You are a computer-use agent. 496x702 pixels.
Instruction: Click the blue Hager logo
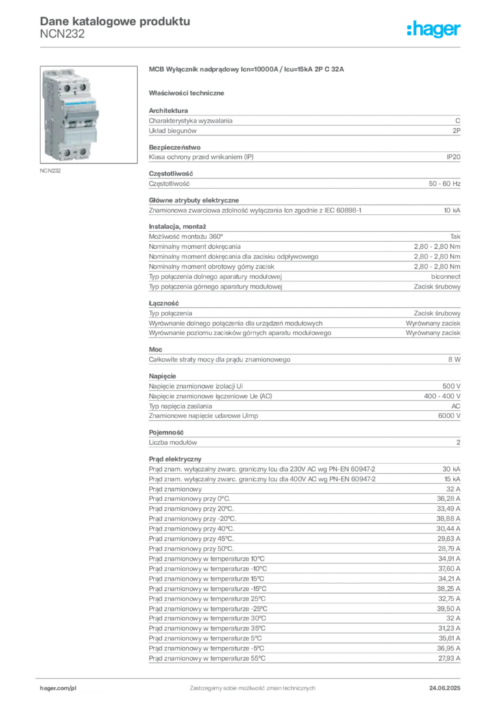(434, 29)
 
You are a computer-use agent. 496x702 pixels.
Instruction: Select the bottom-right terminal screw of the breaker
(82, 151)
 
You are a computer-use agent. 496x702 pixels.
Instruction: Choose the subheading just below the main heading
(189, 91)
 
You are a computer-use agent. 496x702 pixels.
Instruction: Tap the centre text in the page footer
(250, 684)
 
